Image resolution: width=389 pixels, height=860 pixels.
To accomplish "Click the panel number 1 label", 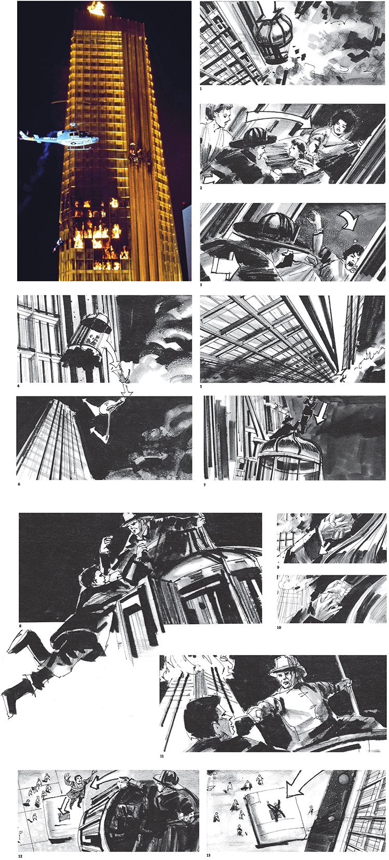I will tap(201, 89).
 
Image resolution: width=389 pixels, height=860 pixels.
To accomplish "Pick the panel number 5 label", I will tap(201, 387).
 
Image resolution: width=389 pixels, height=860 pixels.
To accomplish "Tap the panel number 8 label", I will tap(20, 626).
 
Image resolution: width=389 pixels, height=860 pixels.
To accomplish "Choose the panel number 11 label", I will tap(162, 756).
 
